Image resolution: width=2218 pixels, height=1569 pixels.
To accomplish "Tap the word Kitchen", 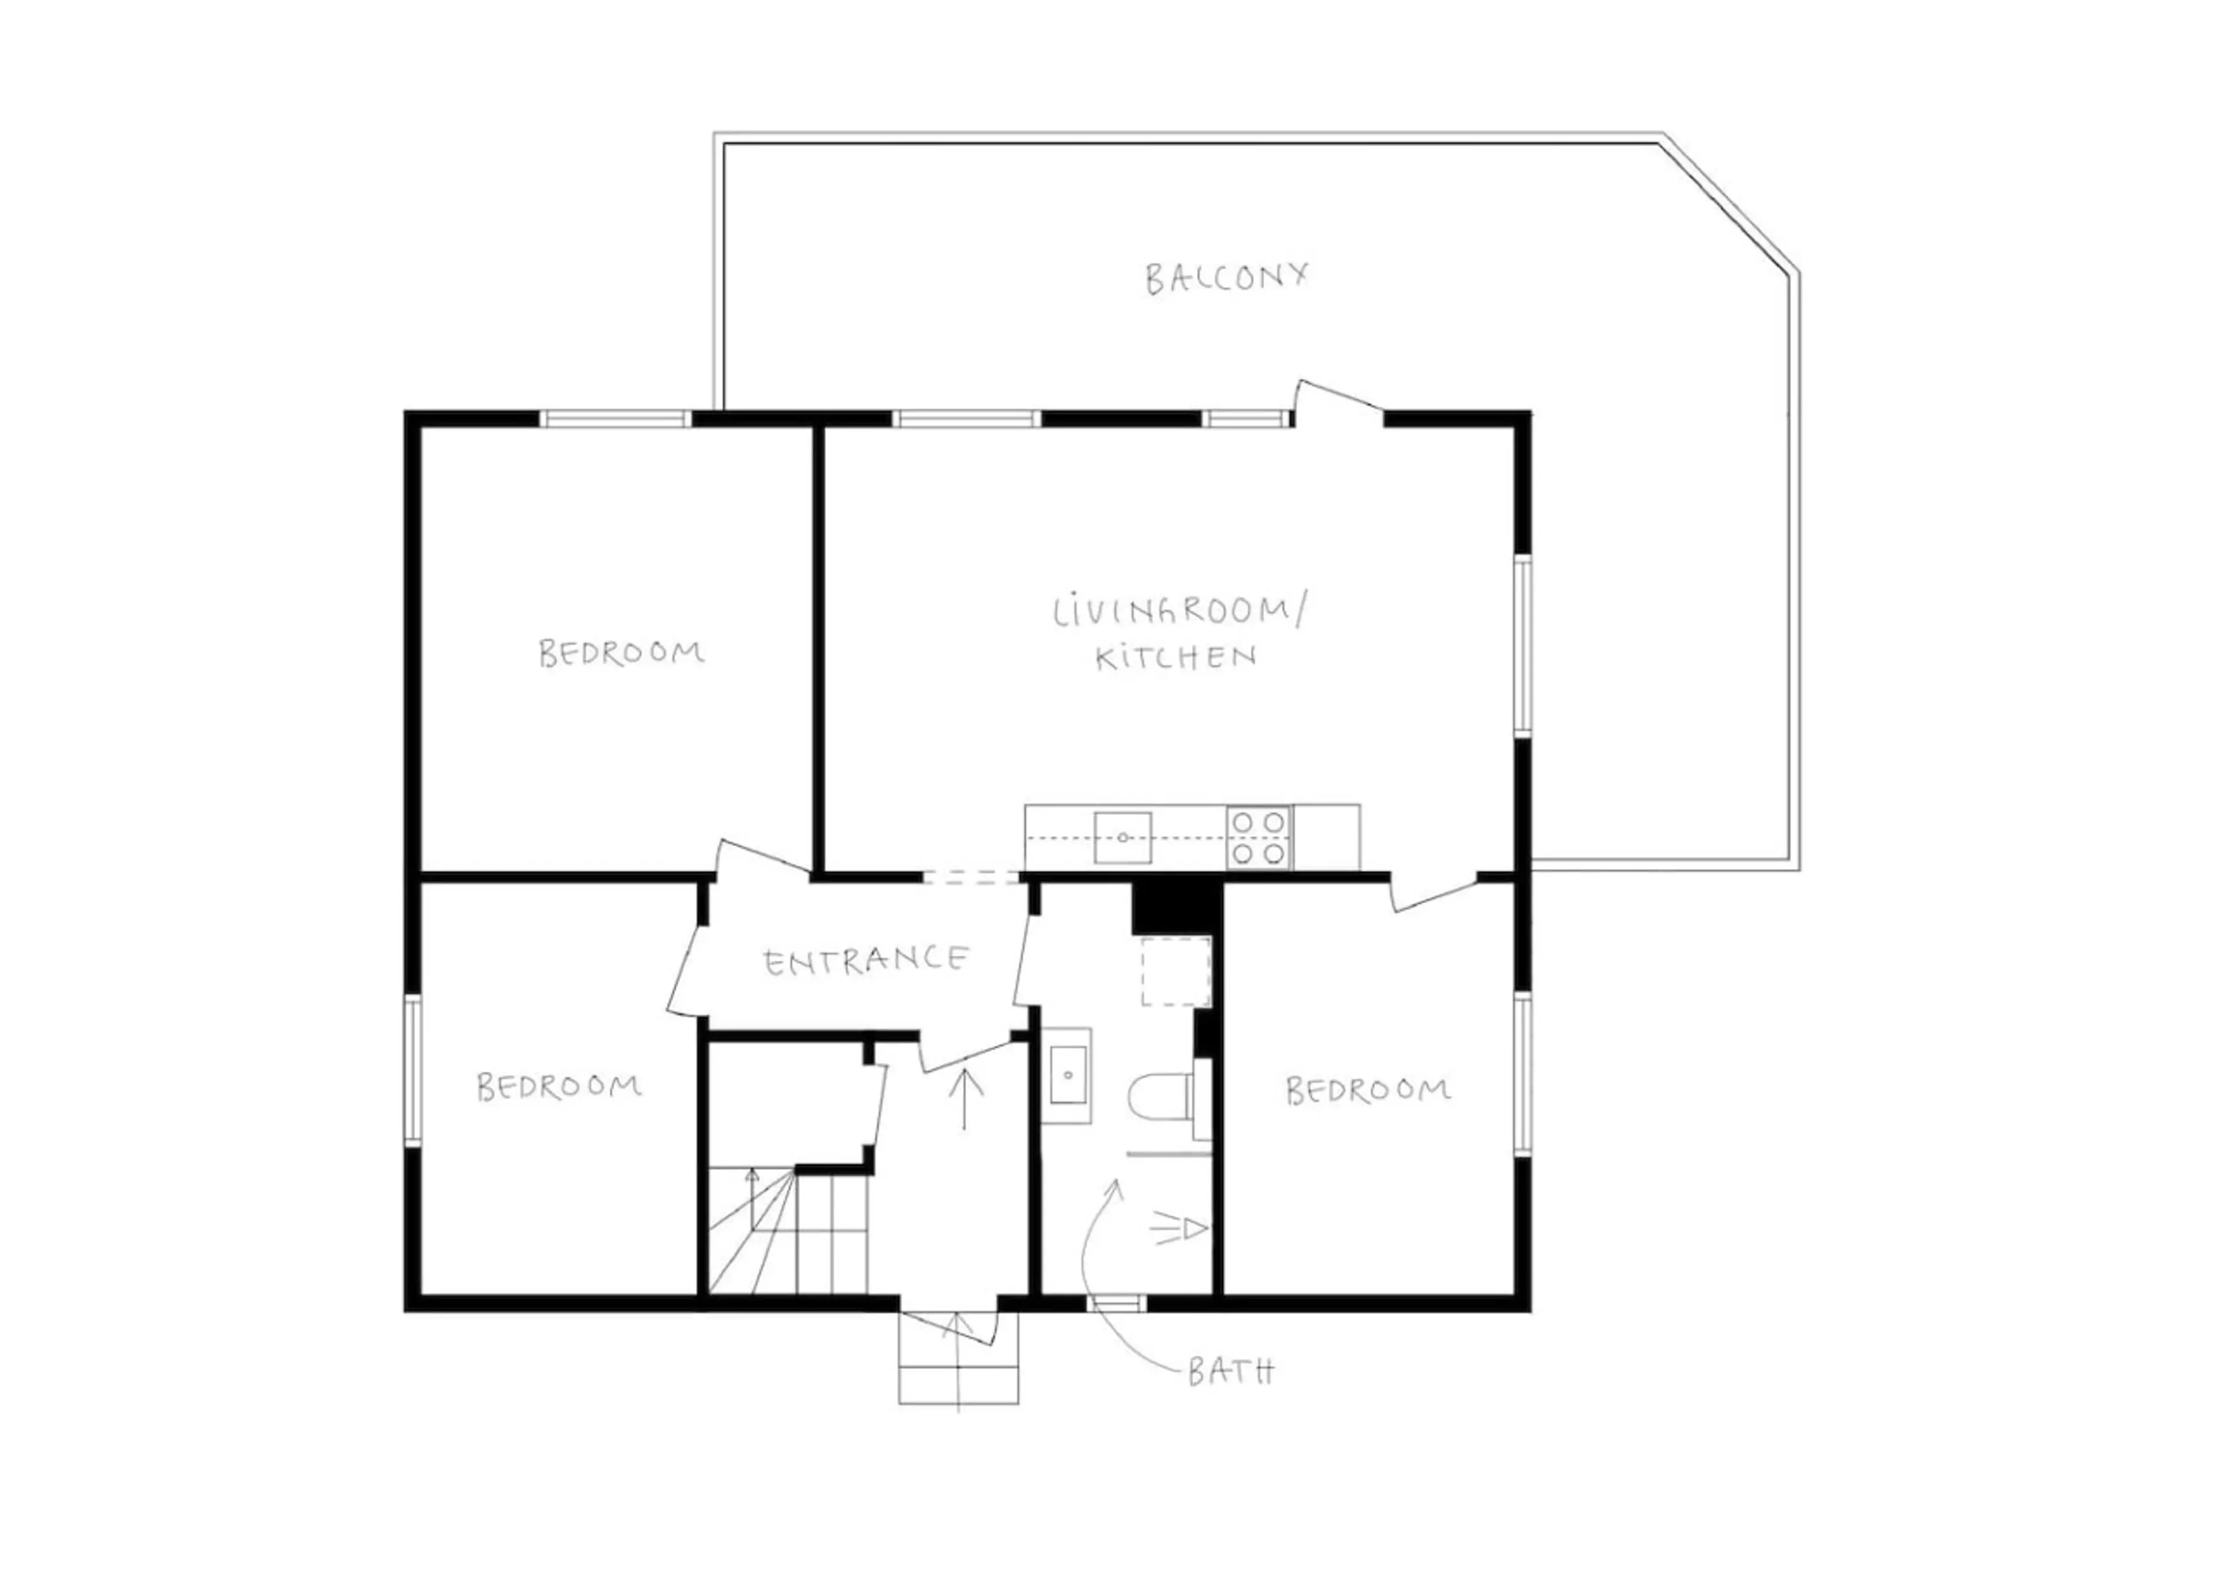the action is tap(1175, 658).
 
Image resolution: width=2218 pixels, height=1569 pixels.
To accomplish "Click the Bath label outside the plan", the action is tap(1230, 1372).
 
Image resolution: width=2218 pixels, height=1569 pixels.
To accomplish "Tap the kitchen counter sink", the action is tap(1122, 838).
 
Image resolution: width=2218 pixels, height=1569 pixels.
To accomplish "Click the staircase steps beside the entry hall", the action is tap(788, 1230).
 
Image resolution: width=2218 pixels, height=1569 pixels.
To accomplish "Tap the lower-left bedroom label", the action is tap(560, 1087).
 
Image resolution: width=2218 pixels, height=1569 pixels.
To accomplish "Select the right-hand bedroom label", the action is tap(1368, 1091).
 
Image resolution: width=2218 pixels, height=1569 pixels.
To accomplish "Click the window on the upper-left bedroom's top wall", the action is tap(615, 419).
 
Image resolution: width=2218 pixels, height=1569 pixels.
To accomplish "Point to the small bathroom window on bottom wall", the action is tap(1117, 1303).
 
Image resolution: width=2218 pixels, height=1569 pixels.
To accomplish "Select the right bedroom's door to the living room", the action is tap(1434, 892).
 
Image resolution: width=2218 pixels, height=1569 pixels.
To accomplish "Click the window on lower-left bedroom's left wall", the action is tap(412, 1070).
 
